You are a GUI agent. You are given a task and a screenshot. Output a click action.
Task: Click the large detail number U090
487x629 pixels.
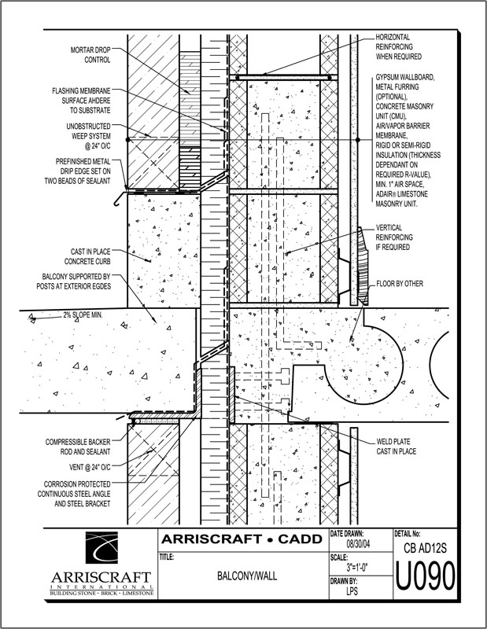tap(426, 580)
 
